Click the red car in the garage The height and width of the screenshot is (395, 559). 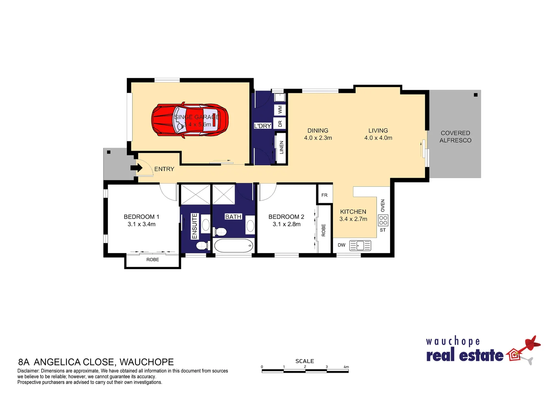(x=190, y=121)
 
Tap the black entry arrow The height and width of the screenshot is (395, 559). (x=136, y=168)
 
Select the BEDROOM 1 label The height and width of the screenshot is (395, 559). (x=141, y=217)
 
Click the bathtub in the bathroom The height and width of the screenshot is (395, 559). (x=233, y=245)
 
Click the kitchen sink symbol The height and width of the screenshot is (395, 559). (x=360, y=245)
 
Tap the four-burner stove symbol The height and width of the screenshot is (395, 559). (x=383, y=220)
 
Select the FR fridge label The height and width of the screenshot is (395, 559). (x=324, y=195)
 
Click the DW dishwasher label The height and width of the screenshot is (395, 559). (x=341, y=245)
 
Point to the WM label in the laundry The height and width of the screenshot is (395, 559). (x=280, y=109)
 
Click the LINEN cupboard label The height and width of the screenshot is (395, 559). (x=281, y=147)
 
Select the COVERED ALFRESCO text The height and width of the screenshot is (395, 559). (x=455, y=137)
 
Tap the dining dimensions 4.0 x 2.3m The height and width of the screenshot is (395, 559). (x=318, y=138)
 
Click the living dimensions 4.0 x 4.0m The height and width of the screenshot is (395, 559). (x=378, y=138)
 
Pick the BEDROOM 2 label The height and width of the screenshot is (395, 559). (x=286, y=217)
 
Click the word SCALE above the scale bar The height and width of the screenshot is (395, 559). (x=304, y=361)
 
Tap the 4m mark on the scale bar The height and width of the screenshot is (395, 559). (x=346, y=367)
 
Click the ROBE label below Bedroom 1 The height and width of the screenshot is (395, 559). (x=153, y=260)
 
